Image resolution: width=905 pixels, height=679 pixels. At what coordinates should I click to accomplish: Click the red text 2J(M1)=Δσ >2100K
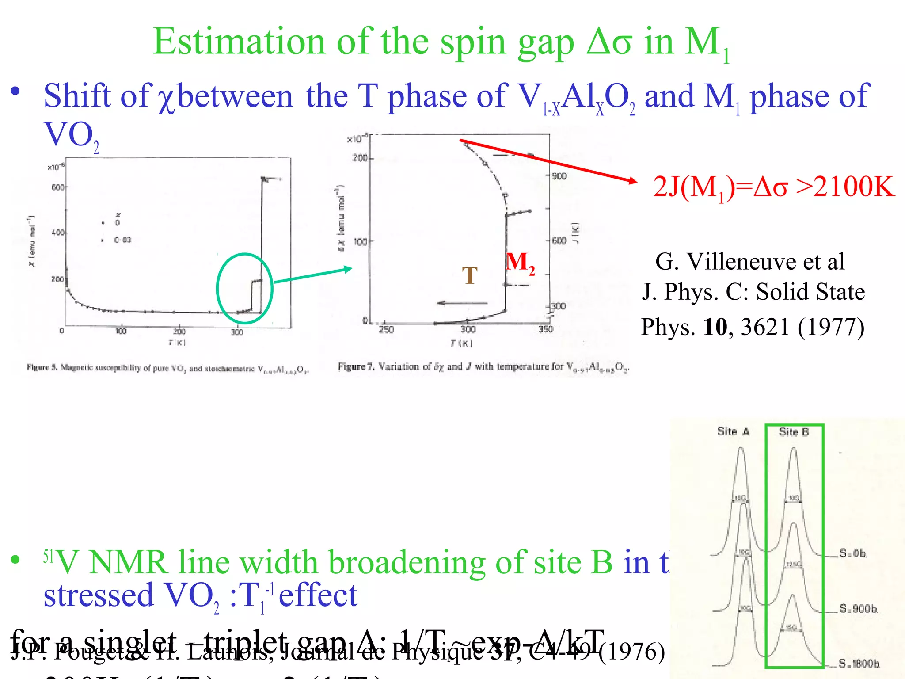pos(773,187)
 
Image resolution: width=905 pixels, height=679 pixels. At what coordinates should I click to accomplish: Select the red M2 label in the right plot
pos(520,262)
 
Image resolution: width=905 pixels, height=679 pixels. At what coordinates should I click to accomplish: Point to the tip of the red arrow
pos(636,181)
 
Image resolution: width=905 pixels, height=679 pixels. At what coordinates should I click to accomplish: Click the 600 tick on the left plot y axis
pos(57,187)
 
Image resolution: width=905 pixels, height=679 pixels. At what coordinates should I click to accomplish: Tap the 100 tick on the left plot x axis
pos(121,332)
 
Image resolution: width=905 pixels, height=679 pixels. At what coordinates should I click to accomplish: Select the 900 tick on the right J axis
pos(559,176)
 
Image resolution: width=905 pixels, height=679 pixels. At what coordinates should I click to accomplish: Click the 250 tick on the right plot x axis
pos(386,330)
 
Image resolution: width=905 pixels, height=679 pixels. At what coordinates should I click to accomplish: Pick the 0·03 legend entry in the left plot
pos(122,240)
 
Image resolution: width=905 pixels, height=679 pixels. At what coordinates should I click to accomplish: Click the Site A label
pos(733,431)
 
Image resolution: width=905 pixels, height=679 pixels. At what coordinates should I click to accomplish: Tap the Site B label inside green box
pos(794,432)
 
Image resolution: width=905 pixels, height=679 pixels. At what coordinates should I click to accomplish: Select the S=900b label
pos(858,609)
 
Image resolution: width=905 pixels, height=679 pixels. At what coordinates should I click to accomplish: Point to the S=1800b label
pos(859,663)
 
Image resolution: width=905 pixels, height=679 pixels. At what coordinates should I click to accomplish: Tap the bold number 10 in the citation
pos(715,327)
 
